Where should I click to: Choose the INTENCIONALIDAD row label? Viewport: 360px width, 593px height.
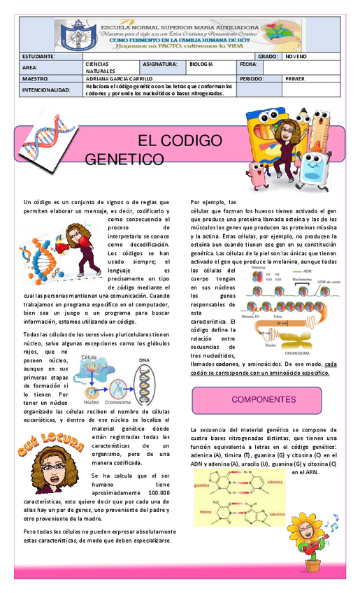click(x=46, y=90)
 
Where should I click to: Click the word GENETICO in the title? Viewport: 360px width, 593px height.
click(x=124, y=160)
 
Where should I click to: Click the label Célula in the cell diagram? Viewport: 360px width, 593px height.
click(x=90, y=357)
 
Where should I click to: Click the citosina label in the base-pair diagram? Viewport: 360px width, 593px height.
click(x=275, y=483)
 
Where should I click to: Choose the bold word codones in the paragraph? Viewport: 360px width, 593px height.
click(x=227, y=365)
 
